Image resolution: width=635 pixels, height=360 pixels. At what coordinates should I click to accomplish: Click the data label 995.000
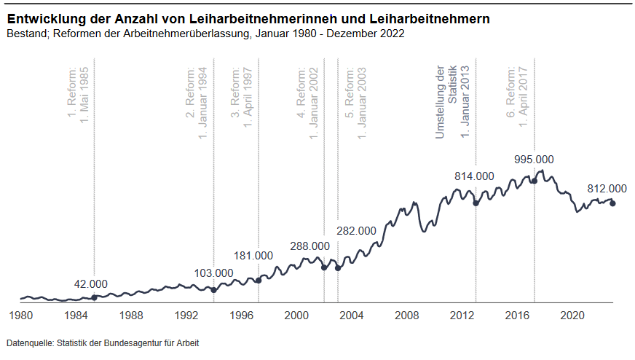[534, 160]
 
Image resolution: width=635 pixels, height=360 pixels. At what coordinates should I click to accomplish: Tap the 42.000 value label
[91, 284]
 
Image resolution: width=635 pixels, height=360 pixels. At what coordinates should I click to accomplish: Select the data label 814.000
[474, 176]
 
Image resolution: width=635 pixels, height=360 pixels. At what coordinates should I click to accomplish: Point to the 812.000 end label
[607, 188]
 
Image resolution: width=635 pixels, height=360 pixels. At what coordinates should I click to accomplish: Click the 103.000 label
[213, 273]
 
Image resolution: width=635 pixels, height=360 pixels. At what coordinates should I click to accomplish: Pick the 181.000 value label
[253, 256]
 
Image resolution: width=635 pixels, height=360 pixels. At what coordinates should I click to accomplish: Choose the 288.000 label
[310, 246]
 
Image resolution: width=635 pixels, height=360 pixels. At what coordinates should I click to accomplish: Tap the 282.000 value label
[356, 231]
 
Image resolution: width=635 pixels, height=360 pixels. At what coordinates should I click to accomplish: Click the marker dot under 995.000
[534, 180]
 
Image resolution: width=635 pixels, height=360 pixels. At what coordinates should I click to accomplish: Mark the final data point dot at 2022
[612, 203]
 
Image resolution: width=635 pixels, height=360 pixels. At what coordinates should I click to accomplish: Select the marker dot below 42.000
[95, 297]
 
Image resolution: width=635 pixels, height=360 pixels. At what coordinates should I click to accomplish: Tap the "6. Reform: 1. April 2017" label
[517, 96]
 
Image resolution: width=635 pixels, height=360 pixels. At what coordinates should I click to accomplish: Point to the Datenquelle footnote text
[102, 343]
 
